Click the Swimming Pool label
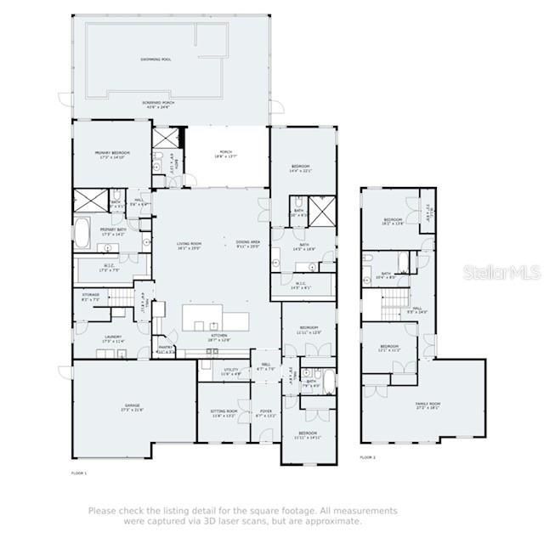click(156, 59)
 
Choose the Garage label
click(132, 408)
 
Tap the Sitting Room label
click(224, 413)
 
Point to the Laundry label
click(113, 337)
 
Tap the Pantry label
click(166, 348)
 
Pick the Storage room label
click(90, 297)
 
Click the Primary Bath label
click(113, 230)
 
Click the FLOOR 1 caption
click(78, 472)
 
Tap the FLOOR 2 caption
click(367, 457)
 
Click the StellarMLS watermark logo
click(502, 272)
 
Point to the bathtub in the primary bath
click(82, 231)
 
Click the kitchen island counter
click(216, 320)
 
